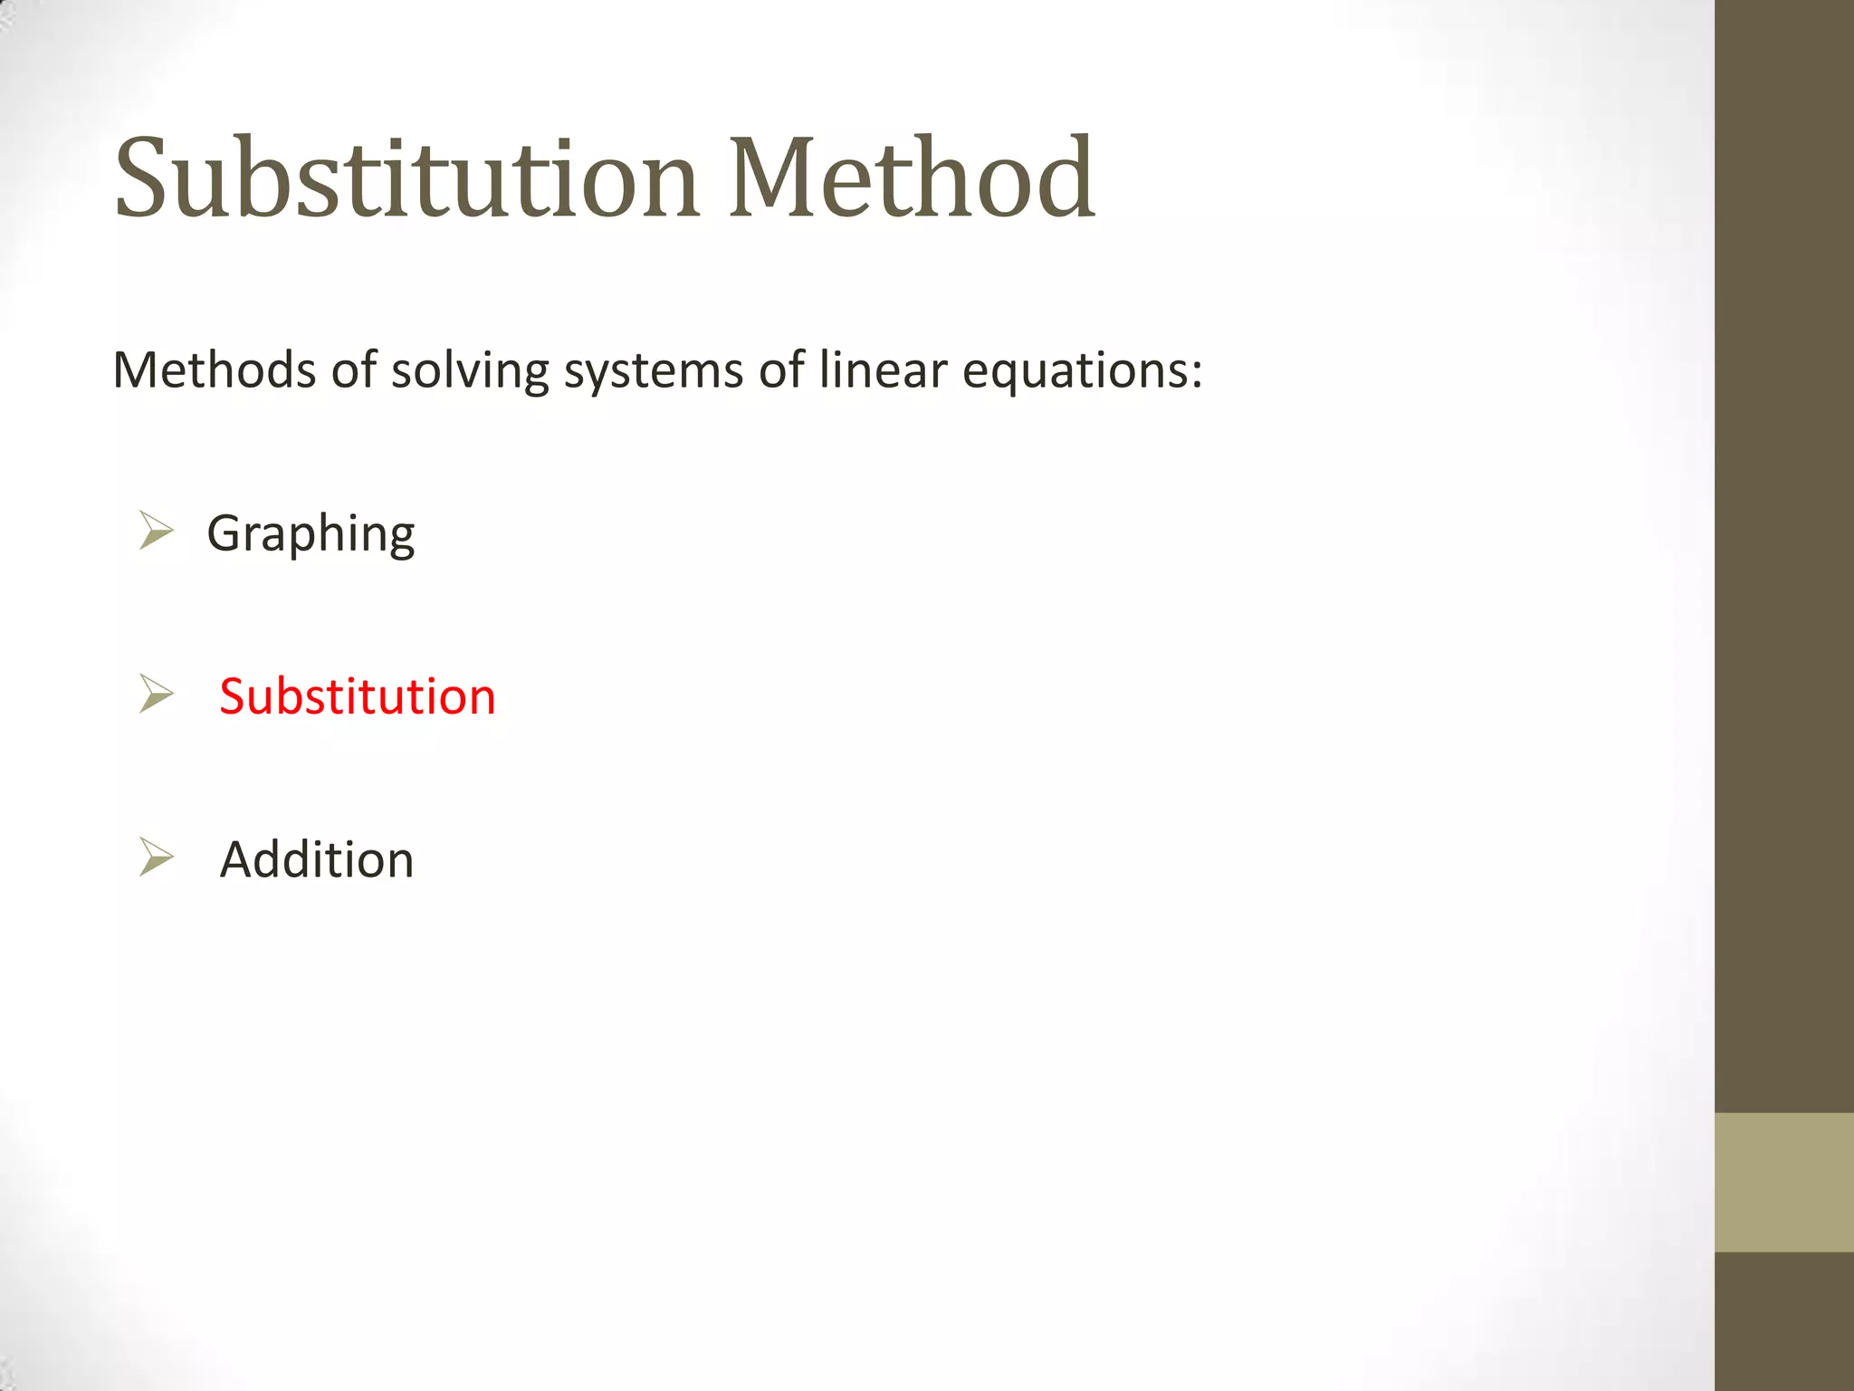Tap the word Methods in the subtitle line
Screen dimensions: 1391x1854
coord(215,370)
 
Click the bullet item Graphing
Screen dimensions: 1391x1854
coord(311,534)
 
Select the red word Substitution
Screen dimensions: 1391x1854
coord(358,696)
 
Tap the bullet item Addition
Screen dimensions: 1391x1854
coord(317,859)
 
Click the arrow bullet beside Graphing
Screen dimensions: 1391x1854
coord(157,531)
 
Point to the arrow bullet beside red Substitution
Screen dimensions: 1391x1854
coord(157,695)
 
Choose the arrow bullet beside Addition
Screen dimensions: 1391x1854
coord(157,857)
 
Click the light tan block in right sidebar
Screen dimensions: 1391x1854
coord(1784,1182)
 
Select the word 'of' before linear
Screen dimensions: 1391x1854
coord(781,370)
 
